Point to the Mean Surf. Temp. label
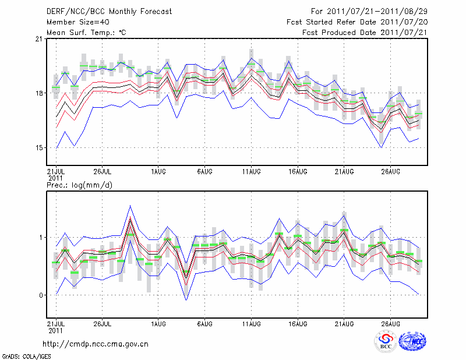coord(86,32)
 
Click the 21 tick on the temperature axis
coord(38,39)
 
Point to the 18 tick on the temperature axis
coord(38,93)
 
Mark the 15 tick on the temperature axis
coord(38,148)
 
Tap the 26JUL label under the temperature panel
coord(103,171)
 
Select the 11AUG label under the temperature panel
coord(251,171)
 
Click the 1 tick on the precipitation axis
coord(41,238)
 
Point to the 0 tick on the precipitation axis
coord(41,295)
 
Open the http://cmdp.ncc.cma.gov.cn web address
coord(96,344)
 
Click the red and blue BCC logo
coord(386,341)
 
